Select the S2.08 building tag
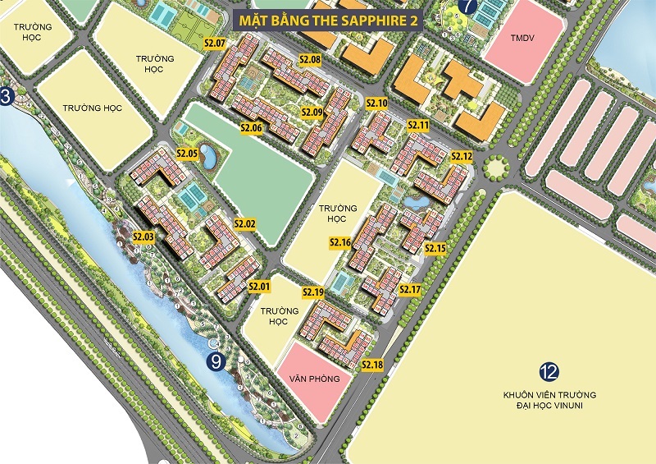(x=310, y=60)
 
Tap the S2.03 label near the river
(x=143, y=237)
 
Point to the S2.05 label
(x=188, y=154)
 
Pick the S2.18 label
(x=372, y=365)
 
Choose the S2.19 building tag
(x=313, y=292)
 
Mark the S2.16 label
(x=340, y=242)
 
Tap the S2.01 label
(x=259, y=286)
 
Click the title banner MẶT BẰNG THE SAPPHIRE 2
(x=328, y=21)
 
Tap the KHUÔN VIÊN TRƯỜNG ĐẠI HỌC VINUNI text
(x=549, y=401)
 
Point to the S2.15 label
(x=435, y=248)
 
